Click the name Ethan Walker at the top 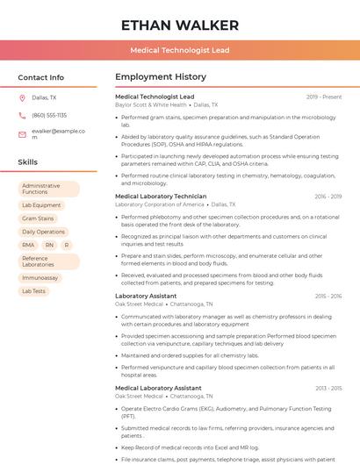click(x=179, y=25)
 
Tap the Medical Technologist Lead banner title click(x=179, y=50)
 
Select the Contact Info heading click(x=40, y=77)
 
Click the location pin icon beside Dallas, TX click(x=23, y=98)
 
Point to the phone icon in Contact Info click(x=23, y=115)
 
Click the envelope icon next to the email click(x=23, y=133)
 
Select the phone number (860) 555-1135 click(x=49, y=115)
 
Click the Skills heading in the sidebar click(x=28, y=162)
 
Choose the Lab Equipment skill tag click(x=41, y=205)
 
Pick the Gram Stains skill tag click(x=38, y=218)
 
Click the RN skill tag click(x=49, y=245)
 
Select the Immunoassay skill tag click(x=40, y=277)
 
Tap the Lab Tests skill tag click(x=34, y=290)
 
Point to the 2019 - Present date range click(x=324, y=97)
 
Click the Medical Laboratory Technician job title click(x=161, y=197)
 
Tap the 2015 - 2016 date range click(x=328, y=297)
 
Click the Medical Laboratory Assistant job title click(x=158, y=387)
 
